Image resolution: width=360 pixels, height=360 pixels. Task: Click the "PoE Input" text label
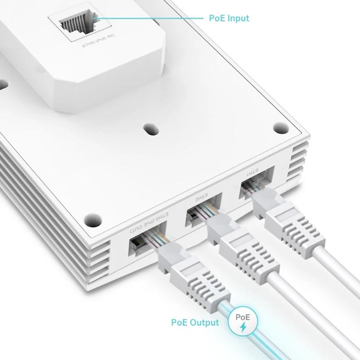[229, 18]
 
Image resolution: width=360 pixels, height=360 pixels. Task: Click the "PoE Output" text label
[195, 322]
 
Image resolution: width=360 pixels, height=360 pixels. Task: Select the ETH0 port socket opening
[74, 27]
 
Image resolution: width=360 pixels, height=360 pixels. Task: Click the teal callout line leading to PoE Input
[148, 18]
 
